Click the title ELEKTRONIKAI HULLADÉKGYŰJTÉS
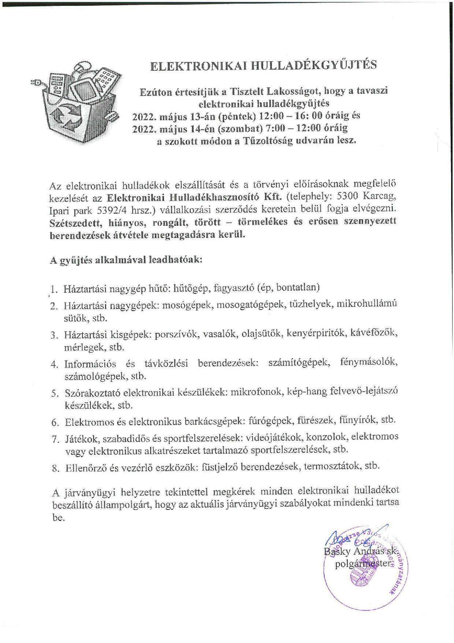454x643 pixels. (x=264, y=65)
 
